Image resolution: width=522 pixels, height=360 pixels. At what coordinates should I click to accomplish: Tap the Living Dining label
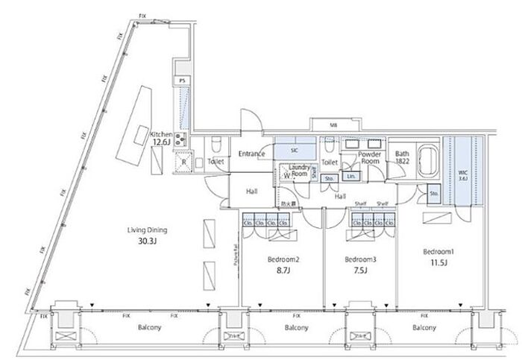(146, 230)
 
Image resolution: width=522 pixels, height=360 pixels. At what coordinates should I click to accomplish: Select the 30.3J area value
(146, 241)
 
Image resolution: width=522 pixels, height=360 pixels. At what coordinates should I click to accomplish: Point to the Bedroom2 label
(283, 260)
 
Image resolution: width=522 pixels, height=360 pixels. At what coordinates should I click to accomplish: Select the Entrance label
(251, 154)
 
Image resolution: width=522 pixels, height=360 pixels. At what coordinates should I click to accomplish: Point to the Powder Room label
(370, 157)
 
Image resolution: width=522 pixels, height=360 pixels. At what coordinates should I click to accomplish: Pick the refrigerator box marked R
(183, 162)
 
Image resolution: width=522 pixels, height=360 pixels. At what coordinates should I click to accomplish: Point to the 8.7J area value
(283, 271)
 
